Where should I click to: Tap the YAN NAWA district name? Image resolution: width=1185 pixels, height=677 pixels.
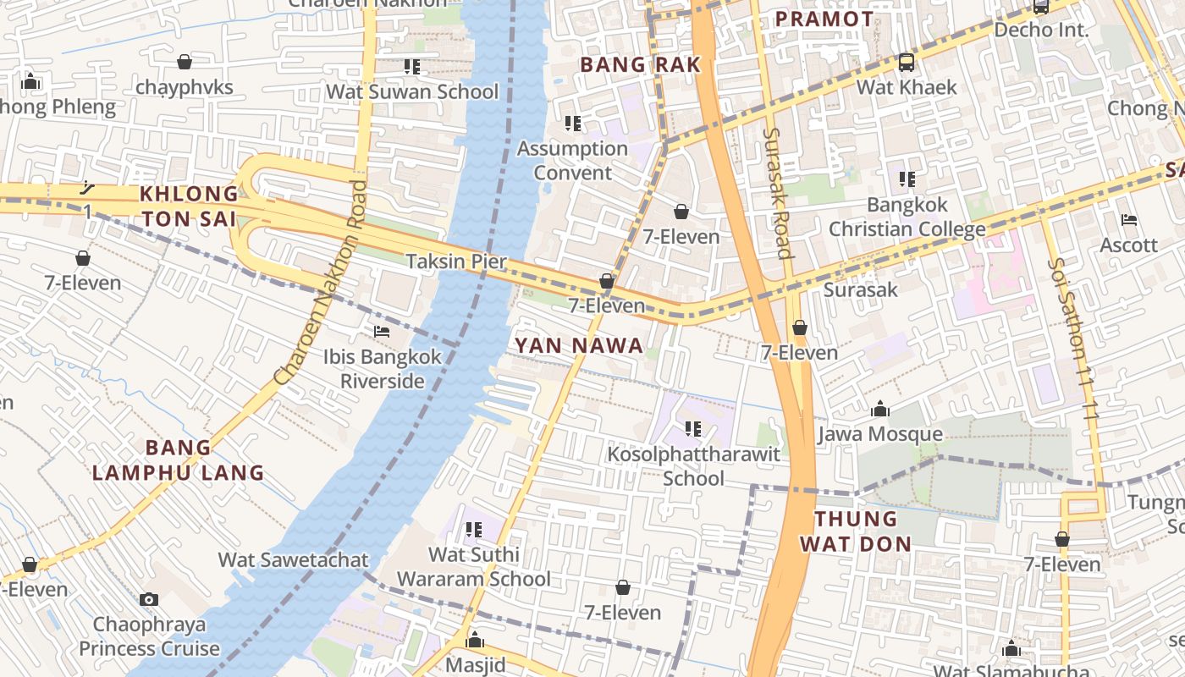click(x=579, y=345)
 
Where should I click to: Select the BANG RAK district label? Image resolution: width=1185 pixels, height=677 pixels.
click(x=640, y=64)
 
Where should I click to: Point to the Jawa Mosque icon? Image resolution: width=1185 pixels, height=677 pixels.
click(x=880, y=410)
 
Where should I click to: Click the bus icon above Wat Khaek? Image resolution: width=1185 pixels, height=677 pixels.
click(x=906, y=62)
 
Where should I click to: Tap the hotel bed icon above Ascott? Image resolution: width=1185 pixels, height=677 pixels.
click(x=1128, y=220)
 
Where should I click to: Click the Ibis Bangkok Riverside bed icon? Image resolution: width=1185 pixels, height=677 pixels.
click(x=382, y=332)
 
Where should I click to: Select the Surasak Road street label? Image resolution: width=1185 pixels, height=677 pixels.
click(x=776, y=193)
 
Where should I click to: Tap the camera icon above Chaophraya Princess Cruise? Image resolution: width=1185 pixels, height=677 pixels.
click(x=149, y=599)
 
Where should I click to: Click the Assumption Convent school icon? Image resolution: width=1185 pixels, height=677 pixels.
click(x=572, y=124)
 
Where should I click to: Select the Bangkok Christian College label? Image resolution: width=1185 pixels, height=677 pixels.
click(x=907, y=217)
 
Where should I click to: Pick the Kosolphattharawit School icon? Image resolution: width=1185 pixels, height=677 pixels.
click(x=693, y=429)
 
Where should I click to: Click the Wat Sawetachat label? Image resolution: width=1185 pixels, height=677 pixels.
click(x=293, y=560)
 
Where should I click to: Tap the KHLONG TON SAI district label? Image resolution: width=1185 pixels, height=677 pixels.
click(x=189, y=206)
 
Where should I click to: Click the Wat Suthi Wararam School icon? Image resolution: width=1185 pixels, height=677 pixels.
click(x=473, y=530)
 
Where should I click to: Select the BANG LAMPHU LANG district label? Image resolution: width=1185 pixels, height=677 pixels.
click(x=178, y=460)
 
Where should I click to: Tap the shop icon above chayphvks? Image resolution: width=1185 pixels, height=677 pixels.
click(x=184, y=62)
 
